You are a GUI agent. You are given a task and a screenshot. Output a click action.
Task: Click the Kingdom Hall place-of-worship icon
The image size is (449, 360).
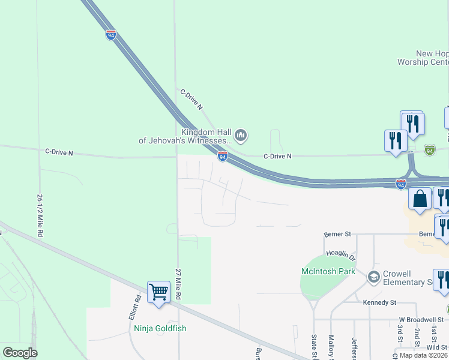pyautogui.click(x=241, y=136)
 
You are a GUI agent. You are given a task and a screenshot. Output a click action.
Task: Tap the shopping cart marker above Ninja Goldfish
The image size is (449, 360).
pyautogui.click(x=158, y=292)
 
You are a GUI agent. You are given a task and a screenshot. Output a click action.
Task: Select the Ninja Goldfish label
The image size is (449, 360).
pyautogui.click(x=160, y=328)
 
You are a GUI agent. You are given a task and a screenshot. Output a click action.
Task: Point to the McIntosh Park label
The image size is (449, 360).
pyautogui.click(x=328, y=272)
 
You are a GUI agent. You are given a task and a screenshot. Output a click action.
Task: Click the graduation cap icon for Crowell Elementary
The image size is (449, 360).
pyautogui.click(x=373, y=277)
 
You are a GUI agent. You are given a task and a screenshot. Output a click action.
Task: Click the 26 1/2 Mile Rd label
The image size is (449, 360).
pyautogui.click(x=40, y=214)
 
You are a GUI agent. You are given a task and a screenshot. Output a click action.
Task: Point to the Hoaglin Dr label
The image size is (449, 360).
pyautogui.click(x=340, y=254)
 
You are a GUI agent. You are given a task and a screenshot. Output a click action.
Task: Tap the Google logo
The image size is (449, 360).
pyautogui.click(x=20, y=353)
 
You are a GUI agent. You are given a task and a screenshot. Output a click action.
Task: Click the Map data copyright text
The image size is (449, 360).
pyautogui.click(x=424, y=355)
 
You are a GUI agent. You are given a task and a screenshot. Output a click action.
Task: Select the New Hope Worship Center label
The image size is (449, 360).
pyautogui.click(x=423, y=58)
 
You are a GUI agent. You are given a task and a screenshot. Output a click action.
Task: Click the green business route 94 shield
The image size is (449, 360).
pyautogui.click(x=429, y=150)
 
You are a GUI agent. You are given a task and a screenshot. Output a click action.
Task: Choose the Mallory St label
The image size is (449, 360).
pyautogui.click(x=331, y=349)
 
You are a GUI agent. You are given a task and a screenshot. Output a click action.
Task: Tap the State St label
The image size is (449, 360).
pyautogui.click(x=313, y=349)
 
